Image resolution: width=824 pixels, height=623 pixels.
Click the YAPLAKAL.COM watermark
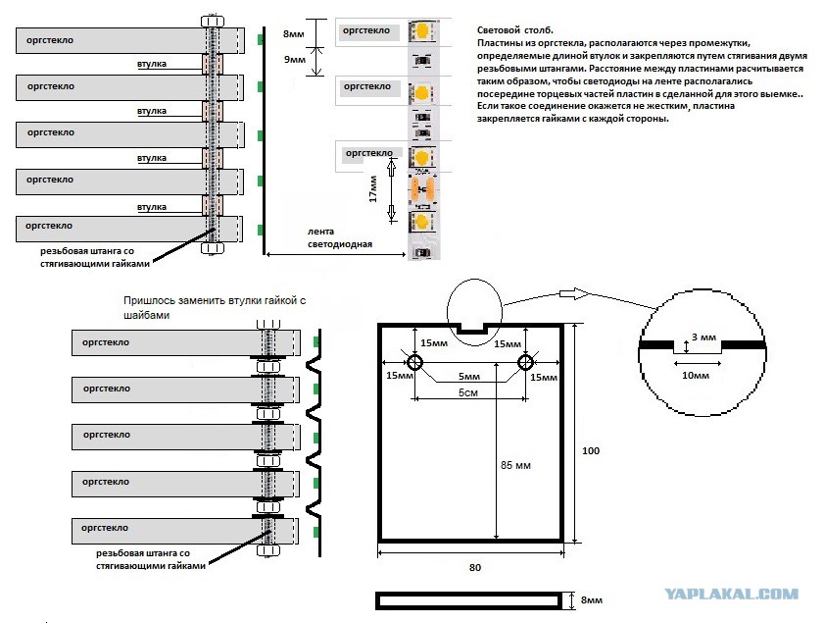pyautogui.click(x=731, y=595)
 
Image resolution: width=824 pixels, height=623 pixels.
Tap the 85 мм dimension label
pyautogui.click(x=515, y=465)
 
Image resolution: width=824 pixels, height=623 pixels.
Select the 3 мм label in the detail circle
pyautogui.click(x=703, y=337)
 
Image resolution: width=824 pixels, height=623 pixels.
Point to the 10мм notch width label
pyautogui.click(x=696, y=375)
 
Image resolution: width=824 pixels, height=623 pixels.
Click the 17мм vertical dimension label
pyautogui.click(x=373, y=189)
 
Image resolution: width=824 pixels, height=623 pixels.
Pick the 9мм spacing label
pyautogui.click(x=294, y=60)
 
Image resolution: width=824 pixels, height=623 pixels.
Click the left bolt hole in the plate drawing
pyautogui.click(x=414, y=362)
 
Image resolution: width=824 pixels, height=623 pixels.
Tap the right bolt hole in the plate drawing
pyautogui.click(x=525, y=362)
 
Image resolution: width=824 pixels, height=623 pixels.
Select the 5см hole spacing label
pyautogui.click(x=467, y=392)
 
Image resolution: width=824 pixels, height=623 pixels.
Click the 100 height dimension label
pyautogui.click(x=591, y=450)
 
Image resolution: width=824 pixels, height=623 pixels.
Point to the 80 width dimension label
pyautogui.click(x=475, y=567)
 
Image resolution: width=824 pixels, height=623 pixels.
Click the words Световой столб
pyautogui.click(x=515, y=30)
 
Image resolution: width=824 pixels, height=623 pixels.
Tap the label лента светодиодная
pyautogui.click(x=339, y=237)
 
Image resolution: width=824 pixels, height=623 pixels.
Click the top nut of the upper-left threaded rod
pyautogui.click(x=213, y=22)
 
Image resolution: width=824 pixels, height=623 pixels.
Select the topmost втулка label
pyautogui.click(x=151, y=64)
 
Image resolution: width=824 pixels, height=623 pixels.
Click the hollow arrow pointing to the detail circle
pyautogui.click(x=574, y=293)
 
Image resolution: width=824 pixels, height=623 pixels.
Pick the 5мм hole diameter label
pyautogui.click(x=468, y=376)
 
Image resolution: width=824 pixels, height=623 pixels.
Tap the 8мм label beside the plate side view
pyautogui.click(x=591, y=599)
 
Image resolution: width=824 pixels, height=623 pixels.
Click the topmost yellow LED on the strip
pyautogui.click(x=420, y=31)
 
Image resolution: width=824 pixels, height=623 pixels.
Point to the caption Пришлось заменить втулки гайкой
pyautogui.click(x=215, y=300)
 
